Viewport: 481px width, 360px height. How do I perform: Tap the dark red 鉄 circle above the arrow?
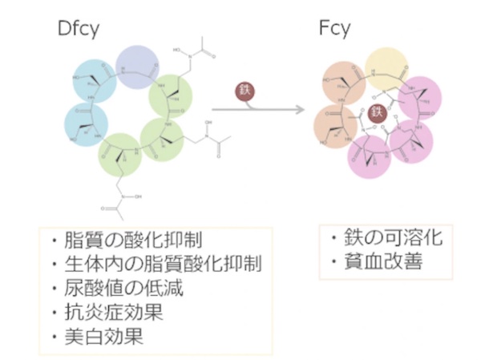[245, 91]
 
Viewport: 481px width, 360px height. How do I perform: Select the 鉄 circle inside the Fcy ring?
[382, 115]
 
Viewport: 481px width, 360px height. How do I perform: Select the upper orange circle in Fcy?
[345, 83]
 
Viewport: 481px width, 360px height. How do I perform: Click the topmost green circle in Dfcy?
[171, 98]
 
